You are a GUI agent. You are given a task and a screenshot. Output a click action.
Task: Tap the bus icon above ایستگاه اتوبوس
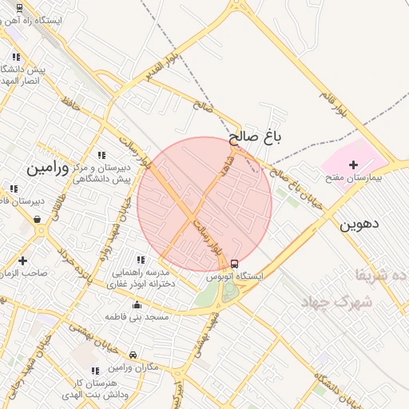click(x=233, y=264)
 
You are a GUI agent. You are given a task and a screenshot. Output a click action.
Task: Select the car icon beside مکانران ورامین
click(x=133, y=355)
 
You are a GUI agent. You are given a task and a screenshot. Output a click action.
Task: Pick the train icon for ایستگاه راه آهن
click(x=20, y=6)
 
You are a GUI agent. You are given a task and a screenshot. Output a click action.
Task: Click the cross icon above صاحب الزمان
click(x=22, y=260)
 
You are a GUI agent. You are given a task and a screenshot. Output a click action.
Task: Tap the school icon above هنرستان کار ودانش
click(x=96, y=371)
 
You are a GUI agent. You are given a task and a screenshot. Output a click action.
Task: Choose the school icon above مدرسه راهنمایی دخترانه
click(x=141, y=260)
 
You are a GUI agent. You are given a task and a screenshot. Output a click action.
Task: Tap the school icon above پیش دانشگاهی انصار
click(x=16, y=57)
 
